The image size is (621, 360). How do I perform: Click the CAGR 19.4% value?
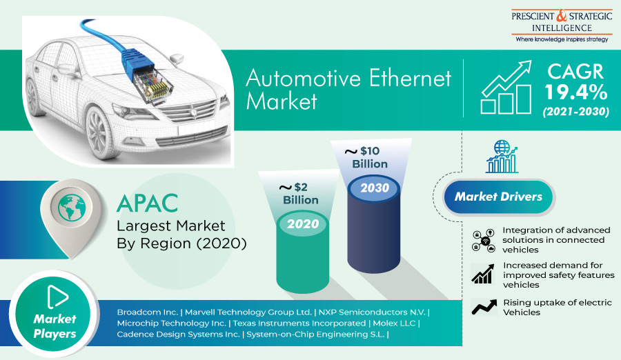point(575,92)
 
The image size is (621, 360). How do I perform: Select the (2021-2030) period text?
point(576,111)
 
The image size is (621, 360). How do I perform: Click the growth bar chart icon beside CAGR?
point(506,87)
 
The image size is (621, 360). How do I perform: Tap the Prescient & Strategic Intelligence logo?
point(562,26)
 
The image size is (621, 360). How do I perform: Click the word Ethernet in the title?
point(410,78)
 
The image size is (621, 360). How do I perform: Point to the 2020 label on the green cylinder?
point(303,223)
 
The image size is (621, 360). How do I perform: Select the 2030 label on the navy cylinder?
point(375,188)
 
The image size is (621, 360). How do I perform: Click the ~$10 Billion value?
point(366,157)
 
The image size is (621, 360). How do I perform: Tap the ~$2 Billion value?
point(299,193)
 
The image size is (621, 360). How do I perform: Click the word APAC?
point(148,203)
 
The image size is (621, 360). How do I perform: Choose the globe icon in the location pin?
point(72,207)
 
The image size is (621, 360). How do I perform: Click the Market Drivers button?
point(498,197)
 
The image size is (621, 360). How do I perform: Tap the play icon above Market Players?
point(57,297)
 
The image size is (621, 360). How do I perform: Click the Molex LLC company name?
point(394,323)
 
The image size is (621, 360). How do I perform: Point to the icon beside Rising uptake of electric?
point(484,307)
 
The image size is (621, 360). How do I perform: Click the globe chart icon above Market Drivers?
point(502,157)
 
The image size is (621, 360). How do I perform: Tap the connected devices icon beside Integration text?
point(484,241)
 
